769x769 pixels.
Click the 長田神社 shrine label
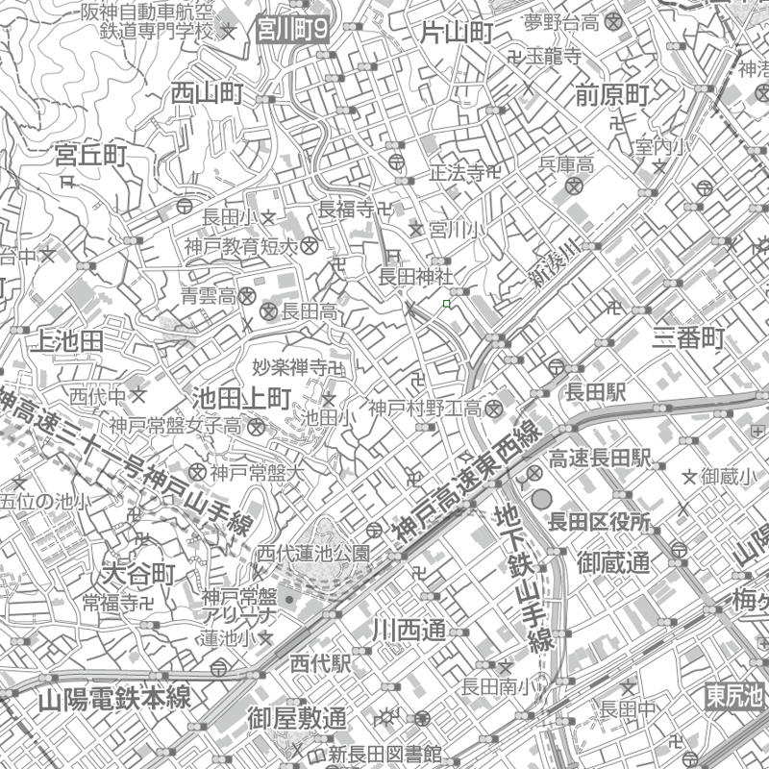[414, 277]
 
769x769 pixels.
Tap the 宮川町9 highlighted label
[293, 31]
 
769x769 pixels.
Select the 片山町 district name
[457, 34]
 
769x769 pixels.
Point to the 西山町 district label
[207, 93]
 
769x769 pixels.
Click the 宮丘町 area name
[91, 155]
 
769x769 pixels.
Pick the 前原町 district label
[612, 94]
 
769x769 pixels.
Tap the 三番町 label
[688, 337]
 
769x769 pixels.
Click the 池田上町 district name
[241, 396]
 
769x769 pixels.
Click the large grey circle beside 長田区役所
[542, 499]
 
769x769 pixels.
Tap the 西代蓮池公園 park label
[313, 554]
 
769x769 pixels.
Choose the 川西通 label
[409, 631]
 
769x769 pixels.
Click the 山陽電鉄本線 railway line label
[115, 699]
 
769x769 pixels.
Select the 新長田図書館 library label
[384, 753]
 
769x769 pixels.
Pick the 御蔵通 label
[614, 560]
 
